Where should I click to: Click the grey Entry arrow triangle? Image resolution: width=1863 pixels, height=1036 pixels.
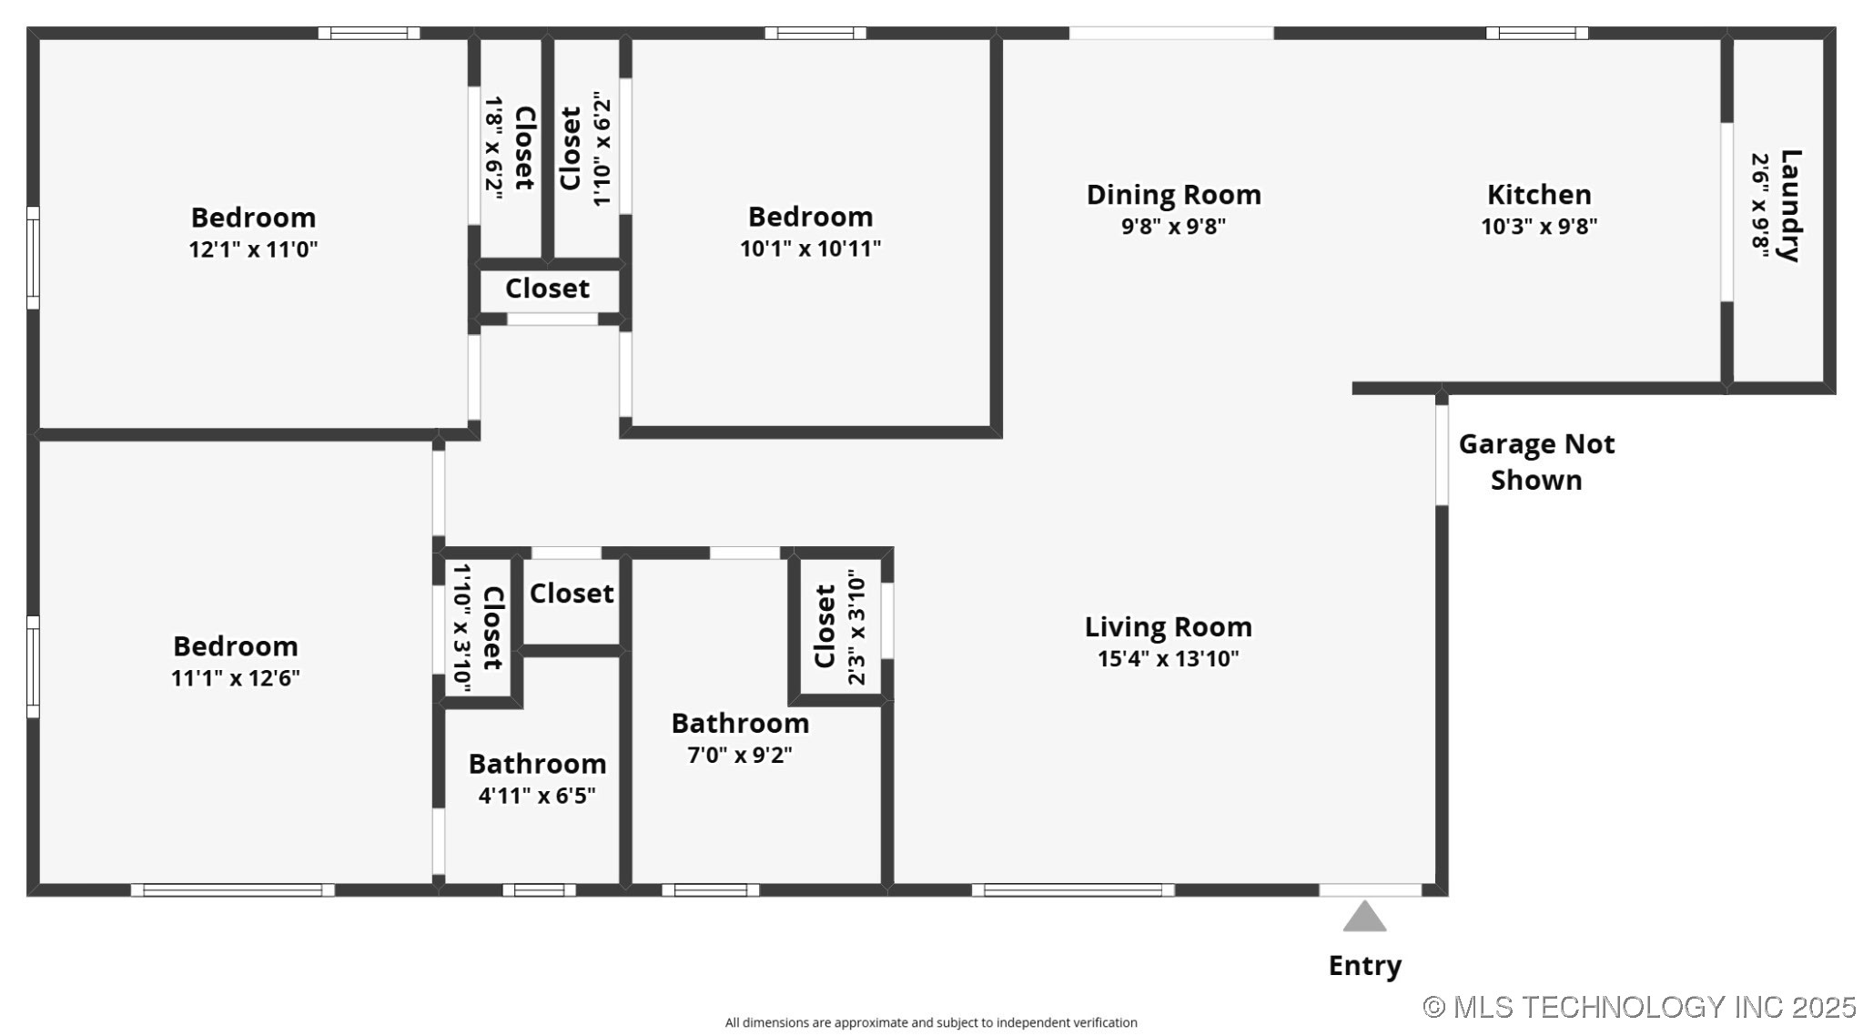(x=1364, y=917)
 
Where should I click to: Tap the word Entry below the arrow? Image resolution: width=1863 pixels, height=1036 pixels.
(x=1364, y=966)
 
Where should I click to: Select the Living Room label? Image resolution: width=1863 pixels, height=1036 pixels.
(x=1169, y=626)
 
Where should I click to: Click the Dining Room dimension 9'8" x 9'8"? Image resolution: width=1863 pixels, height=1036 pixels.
(x=1173, y=226)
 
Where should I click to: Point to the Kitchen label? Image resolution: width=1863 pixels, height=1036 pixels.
(x=1539, y=194)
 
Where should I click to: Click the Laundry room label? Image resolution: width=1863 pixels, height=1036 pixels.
(x=1789, y=206)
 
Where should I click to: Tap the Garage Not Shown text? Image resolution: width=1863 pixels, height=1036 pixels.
(x=1536, y=462)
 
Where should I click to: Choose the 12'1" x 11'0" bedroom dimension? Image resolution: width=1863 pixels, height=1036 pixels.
(x=253, y=249)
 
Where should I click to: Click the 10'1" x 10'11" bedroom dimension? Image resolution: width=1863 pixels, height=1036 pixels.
(x=810, y=248)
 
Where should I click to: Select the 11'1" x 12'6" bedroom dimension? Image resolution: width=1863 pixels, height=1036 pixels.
(x=236, y=678)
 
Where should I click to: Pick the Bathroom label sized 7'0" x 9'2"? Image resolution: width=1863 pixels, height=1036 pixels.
(x=740, y=723)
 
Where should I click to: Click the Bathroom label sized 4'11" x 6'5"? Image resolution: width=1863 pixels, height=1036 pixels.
(x=537, y=764)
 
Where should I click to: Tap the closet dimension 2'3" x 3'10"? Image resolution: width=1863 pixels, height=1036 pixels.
(x=856, y=628)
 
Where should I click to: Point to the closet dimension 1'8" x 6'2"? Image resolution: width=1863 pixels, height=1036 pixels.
(x=494, y=147)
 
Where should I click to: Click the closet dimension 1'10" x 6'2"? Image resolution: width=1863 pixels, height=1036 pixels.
(x=601, y=147)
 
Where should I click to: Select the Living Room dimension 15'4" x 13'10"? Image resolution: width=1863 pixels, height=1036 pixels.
(x=1169, y=658)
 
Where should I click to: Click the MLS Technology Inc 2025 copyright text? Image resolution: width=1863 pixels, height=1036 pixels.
(x=1639, y=1006)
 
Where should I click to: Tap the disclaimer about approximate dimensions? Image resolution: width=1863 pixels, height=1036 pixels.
(x=931, y=1022)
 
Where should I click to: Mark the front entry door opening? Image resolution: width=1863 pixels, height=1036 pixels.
(x=1370, y=889)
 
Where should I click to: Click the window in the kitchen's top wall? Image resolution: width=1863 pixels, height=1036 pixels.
(x=1537, y=34)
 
